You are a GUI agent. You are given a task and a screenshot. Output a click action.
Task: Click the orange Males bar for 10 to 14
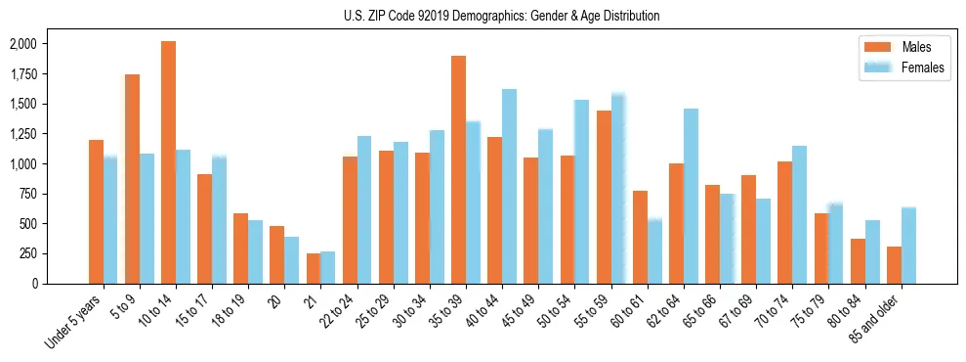coord(168,162)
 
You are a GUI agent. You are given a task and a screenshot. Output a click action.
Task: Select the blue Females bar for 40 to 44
coord(509,186)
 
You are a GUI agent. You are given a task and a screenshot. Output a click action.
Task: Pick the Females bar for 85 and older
coord(908,246)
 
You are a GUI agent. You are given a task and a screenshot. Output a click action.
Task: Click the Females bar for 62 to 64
coord(691,196)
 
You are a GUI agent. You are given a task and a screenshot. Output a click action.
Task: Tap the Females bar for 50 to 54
coord(581,192)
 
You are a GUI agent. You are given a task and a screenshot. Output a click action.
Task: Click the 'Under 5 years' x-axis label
coord(75,322)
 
